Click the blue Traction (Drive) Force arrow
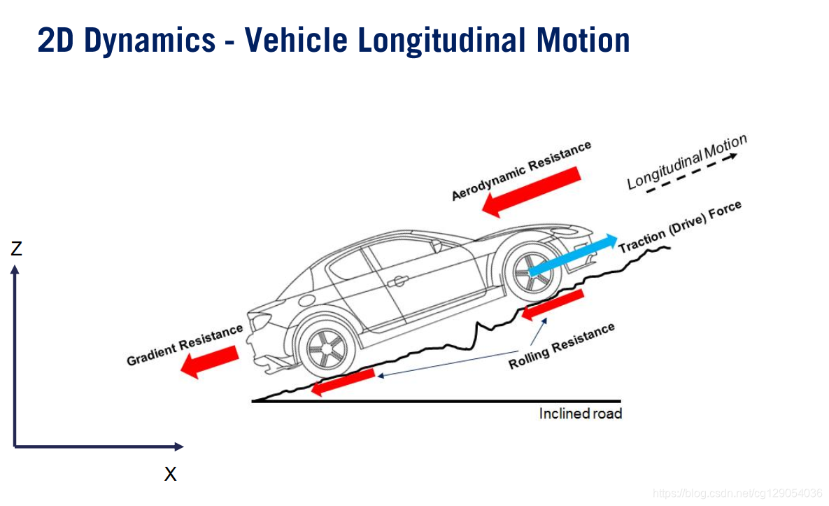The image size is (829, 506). pos(573,253)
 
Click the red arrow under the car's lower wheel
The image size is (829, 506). pos(342,381)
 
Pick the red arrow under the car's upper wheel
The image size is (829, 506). pos(552,304)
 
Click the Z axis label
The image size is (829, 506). pos(16,248)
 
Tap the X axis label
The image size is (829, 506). pos(170,475)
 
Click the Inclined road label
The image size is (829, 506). pos(580,414)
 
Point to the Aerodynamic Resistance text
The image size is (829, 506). pos(521,170)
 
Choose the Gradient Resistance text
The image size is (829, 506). pos(185,345)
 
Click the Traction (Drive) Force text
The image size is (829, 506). pos(679,227)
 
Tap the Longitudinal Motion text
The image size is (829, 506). pos(686,162)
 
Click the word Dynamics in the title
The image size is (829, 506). pos(150,41)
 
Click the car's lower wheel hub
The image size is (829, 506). pos(326,349)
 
